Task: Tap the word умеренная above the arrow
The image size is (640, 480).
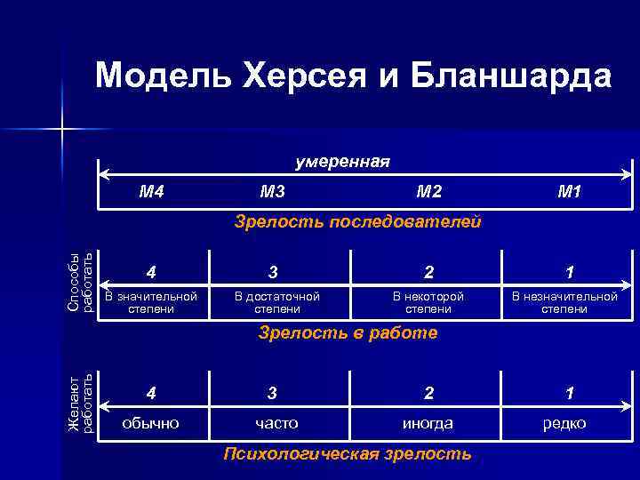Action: click(342, 161)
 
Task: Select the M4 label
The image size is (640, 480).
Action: click(153, 190)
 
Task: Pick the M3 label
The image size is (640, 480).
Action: click(272, 190)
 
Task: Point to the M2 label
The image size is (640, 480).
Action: click(428, 190)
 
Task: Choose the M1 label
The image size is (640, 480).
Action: click(569, 190)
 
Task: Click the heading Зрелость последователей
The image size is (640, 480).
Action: click(358, 221)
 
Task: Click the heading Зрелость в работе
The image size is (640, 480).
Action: click(348, 333)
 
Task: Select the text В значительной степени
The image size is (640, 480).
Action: click(152, 302)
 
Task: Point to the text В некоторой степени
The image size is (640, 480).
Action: click(428, 302)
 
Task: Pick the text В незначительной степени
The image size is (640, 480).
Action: click(564, 302)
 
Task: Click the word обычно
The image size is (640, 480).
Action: click(151, 423)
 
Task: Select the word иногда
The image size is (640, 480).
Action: click(428, 423)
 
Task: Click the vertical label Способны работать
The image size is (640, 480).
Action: click(80, 284)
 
